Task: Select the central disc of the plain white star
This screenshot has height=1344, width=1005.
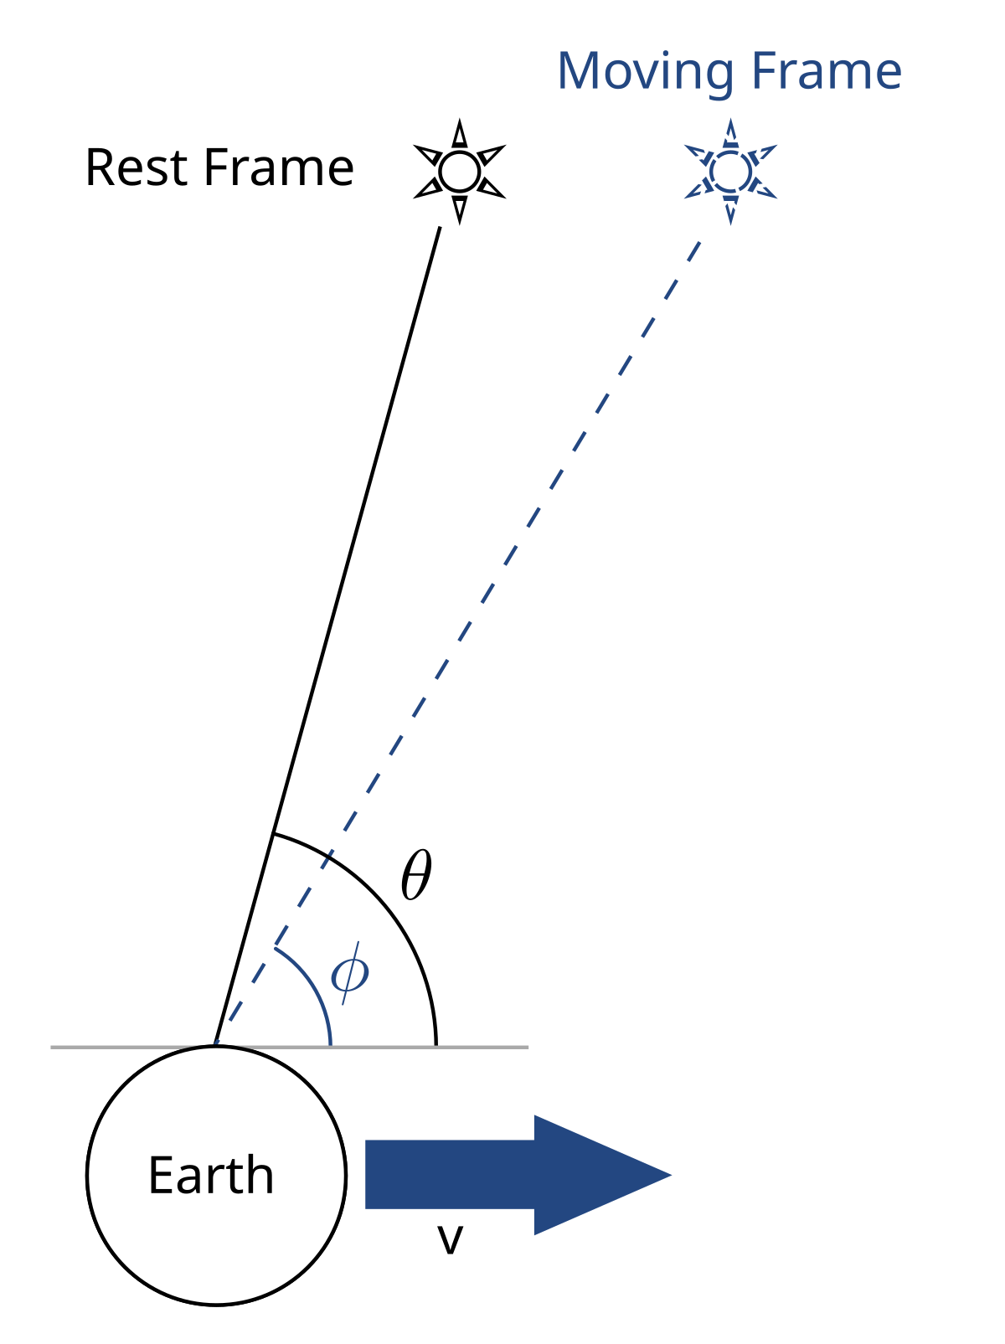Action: [459, 172]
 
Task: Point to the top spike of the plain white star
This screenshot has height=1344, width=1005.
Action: [459, 137]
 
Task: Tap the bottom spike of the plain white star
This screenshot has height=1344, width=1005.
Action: [459, 206]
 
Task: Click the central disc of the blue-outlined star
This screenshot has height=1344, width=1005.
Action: [730, 172]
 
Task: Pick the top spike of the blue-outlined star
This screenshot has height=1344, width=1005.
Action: [730, 131]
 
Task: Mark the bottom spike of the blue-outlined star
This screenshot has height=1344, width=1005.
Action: [730, 211]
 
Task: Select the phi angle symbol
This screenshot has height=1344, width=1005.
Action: [349, 973]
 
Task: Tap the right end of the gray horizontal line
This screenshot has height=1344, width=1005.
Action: [527, 1047]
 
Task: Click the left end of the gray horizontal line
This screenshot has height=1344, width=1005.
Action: [54, 1047]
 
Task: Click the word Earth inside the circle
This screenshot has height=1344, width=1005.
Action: [211, 1175]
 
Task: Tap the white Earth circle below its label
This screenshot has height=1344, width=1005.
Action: [216, 1248]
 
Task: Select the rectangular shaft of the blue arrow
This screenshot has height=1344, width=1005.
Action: [449, 1175]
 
